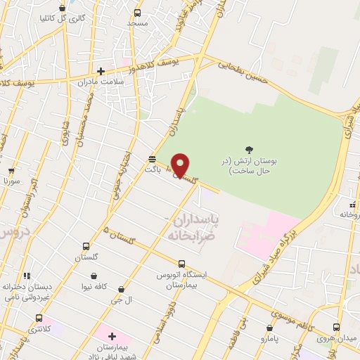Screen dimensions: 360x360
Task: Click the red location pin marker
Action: (x=181, y=165)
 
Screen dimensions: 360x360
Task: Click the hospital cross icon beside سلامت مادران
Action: (x=101, y=70)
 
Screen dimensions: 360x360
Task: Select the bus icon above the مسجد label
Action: (x=136, y=13)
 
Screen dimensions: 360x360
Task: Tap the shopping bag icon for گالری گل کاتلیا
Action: (x=63, y=8)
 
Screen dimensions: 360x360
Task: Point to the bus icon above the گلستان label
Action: (x=86, y=247)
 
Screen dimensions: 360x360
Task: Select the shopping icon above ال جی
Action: (x=122, y=289)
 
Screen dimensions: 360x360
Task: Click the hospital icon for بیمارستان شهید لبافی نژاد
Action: (x=112, y=336)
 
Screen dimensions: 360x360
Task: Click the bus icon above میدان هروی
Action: (x=336, y=327)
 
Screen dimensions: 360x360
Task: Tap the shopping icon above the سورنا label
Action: (x=11, y=171)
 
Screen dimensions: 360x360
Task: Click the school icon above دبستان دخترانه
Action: (x=27, y=276)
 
